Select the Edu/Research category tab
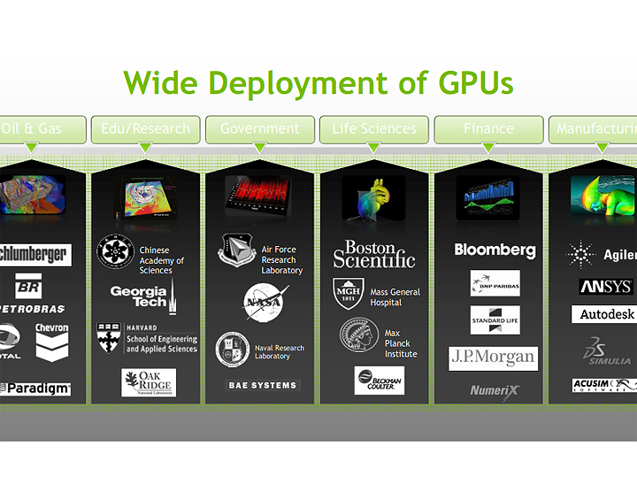(145, 129)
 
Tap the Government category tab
(259, 129)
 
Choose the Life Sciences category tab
(373, 129)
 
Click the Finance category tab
(488, 129)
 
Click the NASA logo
(265, 301)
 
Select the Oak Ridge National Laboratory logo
(148, 382)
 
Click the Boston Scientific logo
(373, 254)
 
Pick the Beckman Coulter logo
(380, 381)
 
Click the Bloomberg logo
(495, 250)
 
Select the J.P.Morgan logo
(493, 357)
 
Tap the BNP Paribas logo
(495, 283)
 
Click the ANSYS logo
(605, 286)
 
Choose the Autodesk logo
(607, 314)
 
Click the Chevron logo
(51, 340)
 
